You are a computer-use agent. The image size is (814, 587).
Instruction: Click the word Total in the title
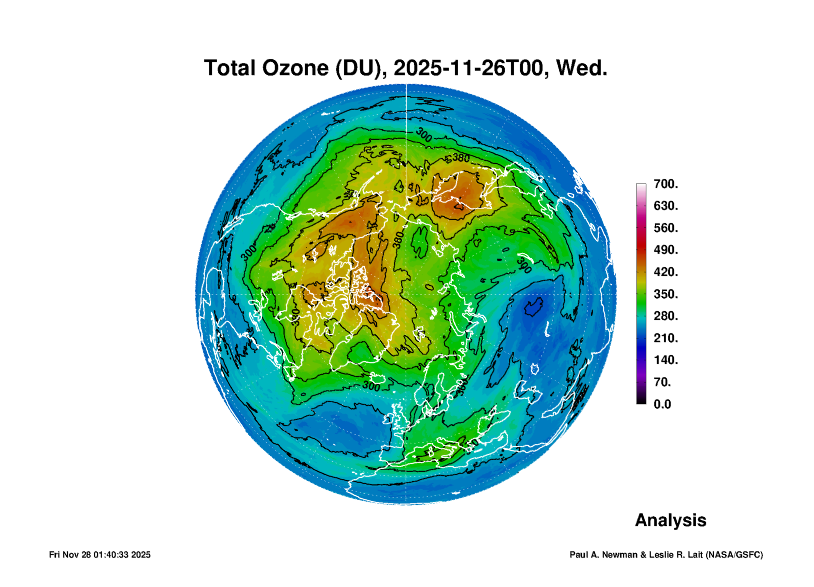(x=229, y=68)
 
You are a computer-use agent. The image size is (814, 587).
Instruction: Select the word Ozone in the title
(x=296, y=68)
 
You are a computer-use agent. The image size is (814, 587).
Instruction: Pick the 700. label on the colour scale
(x=665, y=184)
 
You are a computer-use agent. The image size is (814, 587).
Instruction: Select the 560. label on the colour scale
(x=665, y=228)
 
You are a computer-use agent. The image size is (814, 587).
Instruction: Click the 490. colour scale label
(x=665, y=250)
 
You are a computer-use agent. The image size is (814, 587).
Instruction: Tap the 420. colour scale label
(x=665, y=272)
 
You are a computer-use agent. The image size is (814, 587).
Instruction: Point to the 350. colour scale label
(x=665, y=294)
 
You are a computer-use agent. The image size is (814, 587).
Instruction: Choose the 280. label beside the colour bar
(x=665, y=316)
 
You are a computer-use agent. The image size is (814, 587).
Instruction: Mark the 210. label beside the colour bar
(x=665, y=338)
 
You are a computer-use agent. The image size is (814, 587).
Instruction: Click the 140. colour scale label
(x=665, y=360)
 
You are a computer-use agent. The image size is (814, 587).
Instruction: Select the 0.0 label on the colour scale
(x=662, y=404)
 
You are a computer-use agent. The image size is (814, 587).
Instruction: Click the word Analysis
(x=671, y=520)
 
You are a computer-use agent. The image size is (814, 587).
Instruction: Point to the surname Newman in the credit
(x=620, y=555)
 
